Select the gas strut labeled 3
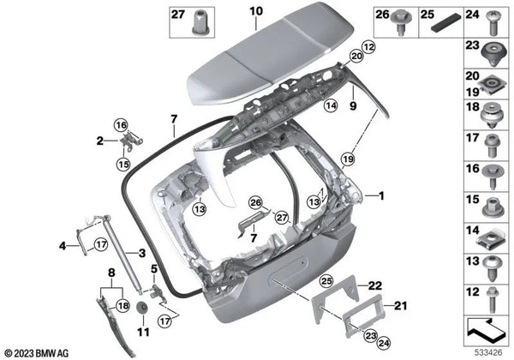[x=123, y=255]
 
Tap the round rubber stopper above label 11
[x=141, y=307]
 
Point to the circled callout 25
[x=326, y=280]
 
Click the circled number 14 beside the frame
[x=331, y=105]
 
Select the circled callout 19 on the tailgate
[x=348, y=159]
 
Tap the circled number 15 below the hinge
[x=123, y=164]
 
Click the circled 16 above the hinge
[x=121, y=125]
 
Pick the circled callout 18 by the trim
[x=123, y=306]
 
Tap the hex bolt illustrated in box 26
[x=401, y=22]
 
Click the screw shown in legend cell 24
[x=492, y=22]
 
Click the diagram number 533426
[x=488, y=352]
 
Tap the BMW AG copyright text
[x=37, y=353]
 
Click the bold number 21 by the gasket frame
[x=400, y=306]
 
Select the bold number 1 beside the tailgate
[x=381, y=196]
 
